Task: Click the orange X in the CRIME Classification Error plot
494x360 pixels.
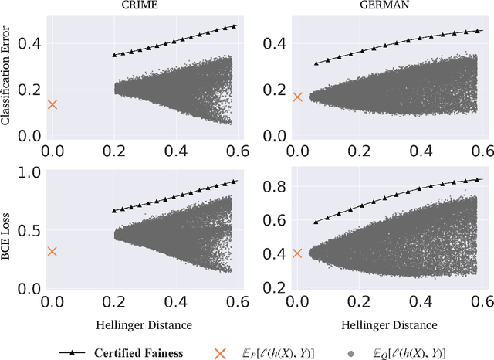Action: (52, 104)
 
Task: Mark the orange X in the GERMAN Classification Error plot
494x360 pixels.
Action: (298, 97)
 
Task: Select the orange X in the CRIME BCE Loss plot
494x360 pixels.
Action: (52, 251)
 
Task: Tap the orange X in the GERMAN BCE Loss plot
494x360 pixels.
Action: (298, 253)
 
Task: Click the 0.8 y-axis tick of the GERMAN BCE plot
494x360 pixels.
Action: (275, 186)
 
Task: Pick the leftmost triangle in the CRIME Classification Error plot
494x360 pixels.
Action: (115, 55)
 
